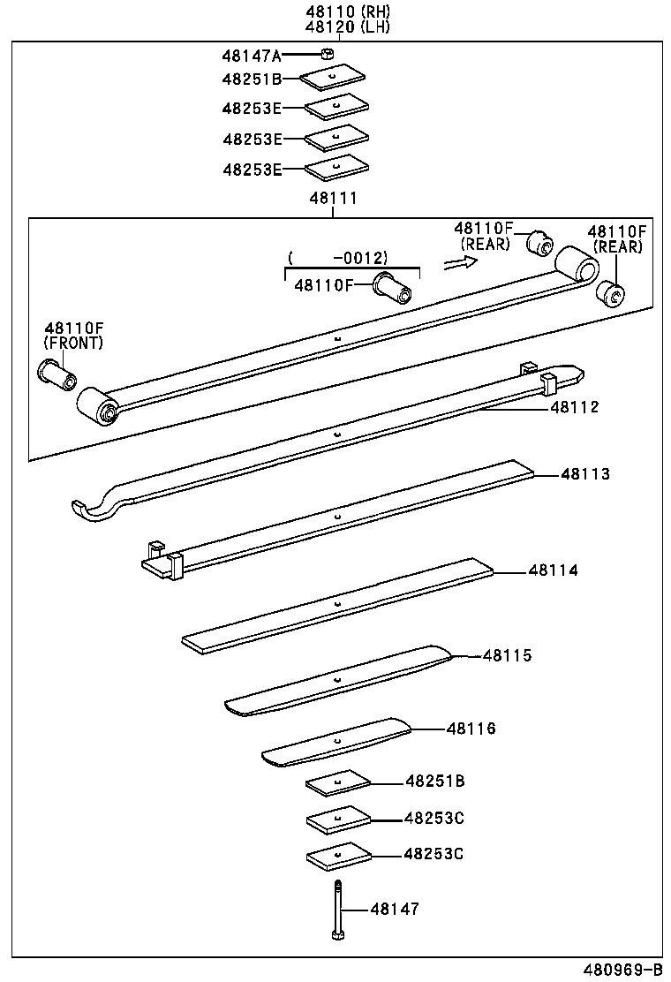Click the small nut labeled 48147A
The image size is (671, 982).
click(x=326, y=56)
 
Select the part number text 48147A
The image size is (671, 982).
click(x=251, y=56)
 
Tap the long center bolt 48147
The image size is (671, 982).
click(x=336, y=910)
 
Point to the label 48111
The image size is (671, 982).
click(x=333, y=199)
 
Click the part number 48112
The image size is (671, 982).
click(x=575, y=407)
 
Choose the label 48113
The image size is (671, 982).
click(x=585, y=474)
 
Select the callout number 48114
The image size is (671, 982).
click(x=554, y=570)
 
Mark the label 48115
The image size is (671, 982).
click(x=507, y=655)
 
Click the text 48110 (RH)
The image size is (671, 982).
click(x=335, y=11)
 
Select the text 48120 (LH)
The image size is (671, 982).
click(x=335, y=26)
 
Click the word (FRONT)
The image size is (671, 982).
click(x=73, y=343)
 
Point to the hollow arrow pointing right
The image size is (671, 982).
click(x=459, y=262)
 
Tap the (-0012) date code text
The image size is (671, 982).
click(x=338, y=258)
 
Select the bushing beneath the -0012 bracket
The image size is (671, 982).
click(x=391, y=286)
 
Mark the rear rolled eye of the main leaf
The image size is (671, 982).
click(x=575, y=265)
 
